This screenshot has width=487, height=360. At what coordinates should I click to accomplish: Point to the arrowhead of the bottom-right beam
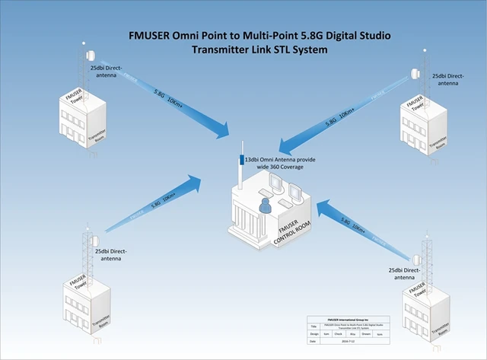(323, 205)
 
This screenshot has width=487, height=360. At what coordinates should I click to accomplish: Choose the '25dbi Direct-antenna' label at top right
(449, 81)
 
